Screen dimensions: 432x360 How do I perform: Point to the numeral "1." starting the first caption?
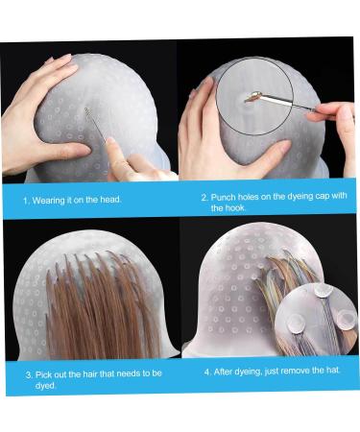click(x=27, y=201)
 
